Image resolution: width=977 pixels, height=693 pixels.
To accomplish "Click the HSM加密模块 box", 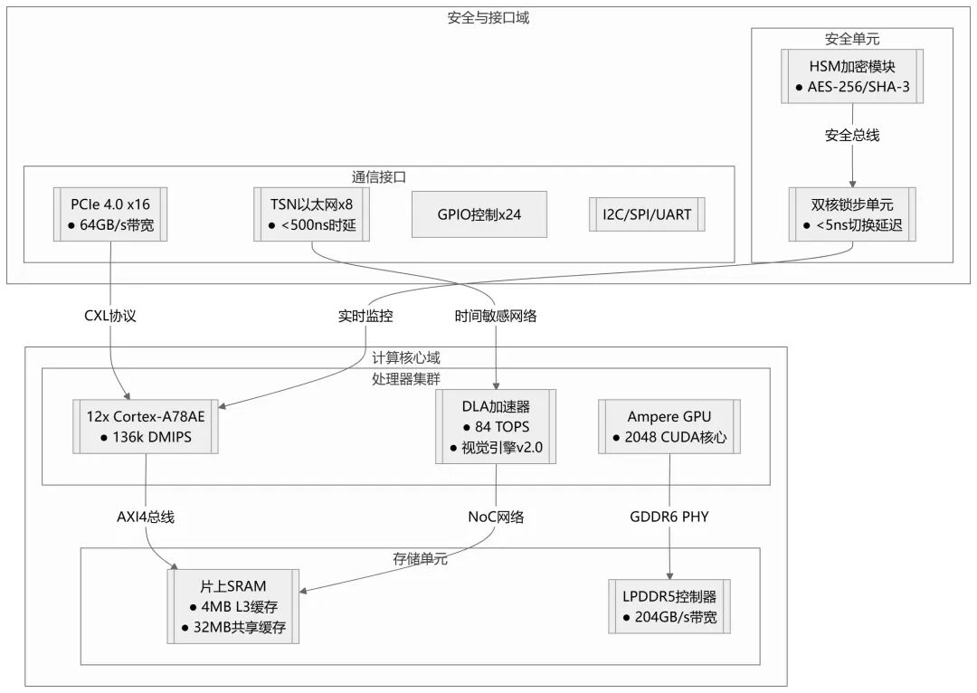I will click(852, 76).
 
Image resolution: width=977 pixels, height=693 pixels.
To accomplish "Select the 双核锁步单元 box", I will click(852, 214).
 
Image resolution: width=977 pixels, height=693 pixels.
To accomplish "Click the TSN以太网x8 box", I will click(312, 214).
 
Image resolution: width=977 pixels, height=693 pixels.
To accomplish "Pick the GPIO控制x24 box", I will click(479, 214).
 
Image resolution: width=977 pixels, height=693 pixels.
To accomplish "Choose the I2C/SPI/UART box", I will click(646, 214).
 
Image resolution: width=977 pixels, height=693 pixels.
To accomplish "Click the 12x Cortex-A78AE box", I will click(146, 426).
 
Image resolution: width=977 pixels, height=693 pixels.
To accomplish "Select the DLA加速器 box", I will click(496, 426).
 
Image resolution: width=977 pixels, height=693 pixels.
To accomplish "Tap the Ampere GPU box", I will click(669, 426).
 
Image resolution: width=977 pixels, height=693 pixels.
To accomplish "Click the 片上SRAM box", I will click(233, 607).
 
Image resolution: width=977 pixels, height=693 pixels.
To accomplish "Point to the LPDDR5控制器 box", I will click(669, 607).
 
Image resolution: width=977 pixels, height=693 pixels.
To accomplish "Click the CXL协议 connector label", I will click(110, 316).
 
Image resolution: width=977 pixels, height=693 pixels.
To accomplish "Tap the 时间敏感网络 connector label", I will click(496, 316).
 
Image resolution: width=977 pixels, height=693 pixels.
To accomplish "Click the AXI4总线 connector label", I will click(145, 517).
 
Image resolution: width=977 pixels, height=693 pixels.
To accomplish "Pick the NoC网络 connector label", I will click(496, 517).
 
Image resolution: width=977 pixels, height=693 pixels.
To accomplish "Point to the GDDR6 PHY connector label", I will click(669, 517).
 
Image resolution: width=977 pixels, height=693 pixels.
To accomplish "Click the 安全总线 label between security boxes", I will click(852, 136).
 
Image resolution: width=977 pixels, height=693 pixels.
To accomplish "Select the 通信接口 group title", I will click(378, 177).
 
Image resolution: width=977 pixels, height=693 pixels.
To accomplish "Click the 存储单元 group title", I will click(420, 559).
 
